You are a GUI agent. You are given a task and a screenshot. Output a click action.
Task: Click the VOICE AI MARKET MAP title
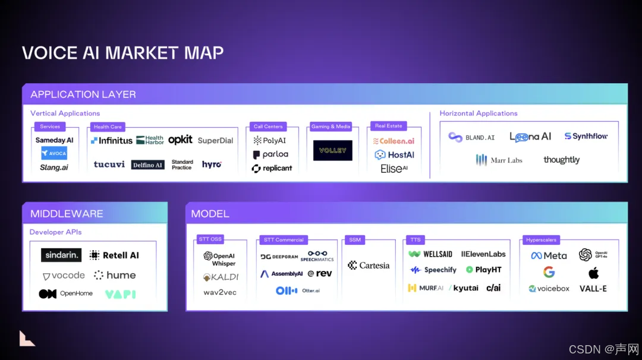(123, 52)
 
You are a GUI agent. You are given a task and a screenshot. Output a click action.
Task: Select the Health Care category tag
(108, 127)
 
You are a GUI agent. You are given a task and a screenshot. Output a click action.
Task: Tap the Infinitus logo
(112, 141)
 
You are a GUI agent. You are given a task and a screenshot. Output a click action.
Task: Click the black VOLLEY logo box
(333, 150)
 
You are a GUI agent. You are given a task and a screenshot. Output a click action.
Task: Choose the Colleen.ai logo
(393, 141)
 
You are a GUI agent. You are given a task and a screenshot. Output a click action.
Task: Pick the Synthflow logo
(586, 137)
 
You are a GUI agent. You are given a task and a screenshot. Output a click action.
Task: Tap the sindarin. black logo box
(61, 255)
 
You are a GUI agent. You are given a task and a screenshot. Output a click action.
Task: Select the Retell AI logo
(114, 255)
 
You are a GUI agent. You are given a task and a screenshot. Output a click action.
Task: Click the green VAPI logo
(120, 294)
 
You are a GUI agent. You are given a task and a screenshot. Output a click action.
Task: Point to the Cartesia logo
(369, 266)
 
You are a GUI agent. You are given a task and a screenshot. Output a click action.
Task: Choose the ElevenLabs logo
(483, 254)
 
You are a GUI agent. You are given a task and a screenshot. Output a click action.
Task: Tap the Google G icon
(549, 272)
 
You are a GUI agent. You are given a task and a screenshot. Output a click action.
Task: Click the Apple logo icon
(593, 273)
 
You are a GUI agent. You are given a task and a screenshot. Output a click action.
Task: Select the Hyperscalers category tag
(541, 240)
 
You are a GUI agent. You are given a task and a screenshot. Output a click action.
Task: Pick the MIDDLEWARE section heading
(67, 214)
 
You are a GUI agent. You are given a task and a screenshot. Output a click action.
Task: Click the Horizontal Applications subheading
(479, 113)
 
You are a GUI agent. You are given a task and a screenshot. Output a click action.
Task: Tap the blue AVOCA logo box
(54, 153)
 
